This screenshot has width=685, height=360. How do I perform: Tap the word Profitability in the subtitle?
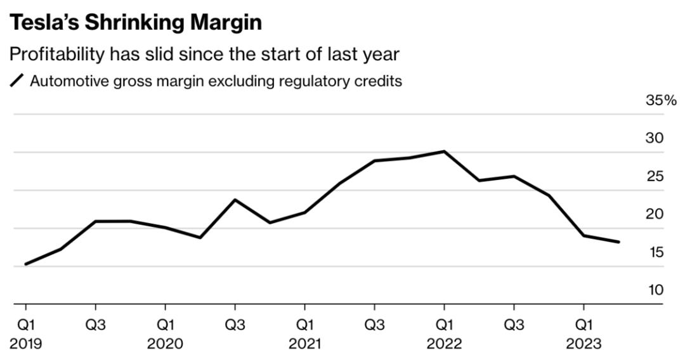[x=56, y=55]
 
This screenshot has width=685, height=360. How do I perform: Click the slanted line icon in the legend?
[x=17, y=81]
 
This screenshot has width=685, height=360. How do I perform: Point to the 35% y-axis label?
[x=661, y=100]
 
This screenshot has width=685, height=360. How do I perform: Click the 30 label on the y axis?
[x=654, y=138]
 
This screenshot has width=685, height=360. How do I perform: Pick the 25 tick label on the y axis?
[x=654, y=176]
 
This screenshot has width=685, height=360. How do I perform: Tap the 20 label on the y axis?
[x=654, y=214]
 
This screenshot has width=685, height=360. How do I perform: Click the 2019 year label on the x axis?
[x=25, y=344]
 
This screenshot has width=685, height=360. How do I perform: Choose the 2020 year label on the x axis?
[x=165, y=344]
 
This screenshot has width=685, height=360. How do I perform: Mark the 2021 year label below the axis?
[x=304, y=344]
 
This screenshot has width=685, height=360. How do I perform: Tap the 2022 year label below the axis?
[x=444, y=344]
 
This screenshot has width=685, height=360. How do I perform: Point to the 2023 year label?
[x=584, y=344]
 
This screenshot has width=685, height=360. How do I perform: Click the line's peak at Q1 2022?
[x=444, y=151]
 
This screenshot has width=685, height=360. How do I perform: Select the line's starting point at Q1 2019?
[x=25, y=264]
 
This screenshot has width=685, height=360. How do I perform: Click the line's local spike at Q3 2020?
[x=235, y=200]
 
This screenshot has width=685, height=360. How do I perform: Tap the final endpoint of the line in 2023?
[x=618, y=241]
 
